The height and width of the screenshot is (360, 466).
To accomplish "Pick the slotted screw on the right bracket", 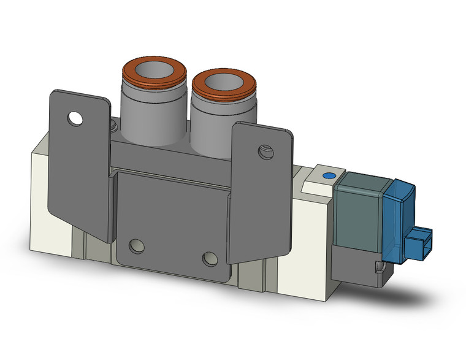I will (x=264, y=150).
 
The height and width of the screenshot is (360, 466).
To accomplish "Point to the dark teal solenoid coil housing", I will (x=359, y=209).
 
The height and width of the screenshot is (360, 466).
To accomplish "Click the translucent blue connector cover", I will (x=399, y=215).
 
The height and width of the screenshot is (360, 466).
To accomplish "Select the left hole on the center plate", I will (x=136, y=247).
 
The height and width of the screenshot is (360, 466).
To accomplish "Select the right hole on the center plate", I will (x=210, y=257).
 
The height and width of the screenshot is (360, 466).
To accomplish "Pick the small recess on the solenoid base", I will (x=380, y=266).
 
